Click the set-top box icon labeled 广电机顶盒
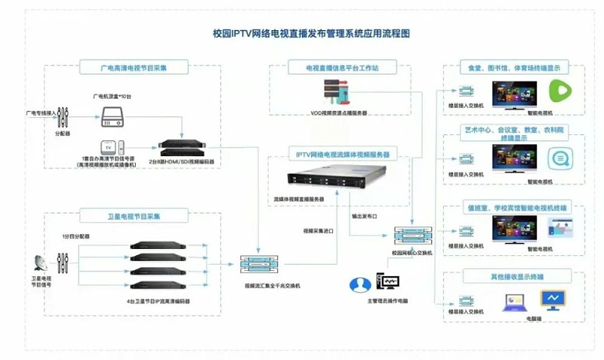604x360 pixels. coord(113,115)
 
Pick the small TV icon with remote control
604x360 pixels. coord(110,147)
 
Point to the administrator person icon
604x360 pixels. coord(356,285)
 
